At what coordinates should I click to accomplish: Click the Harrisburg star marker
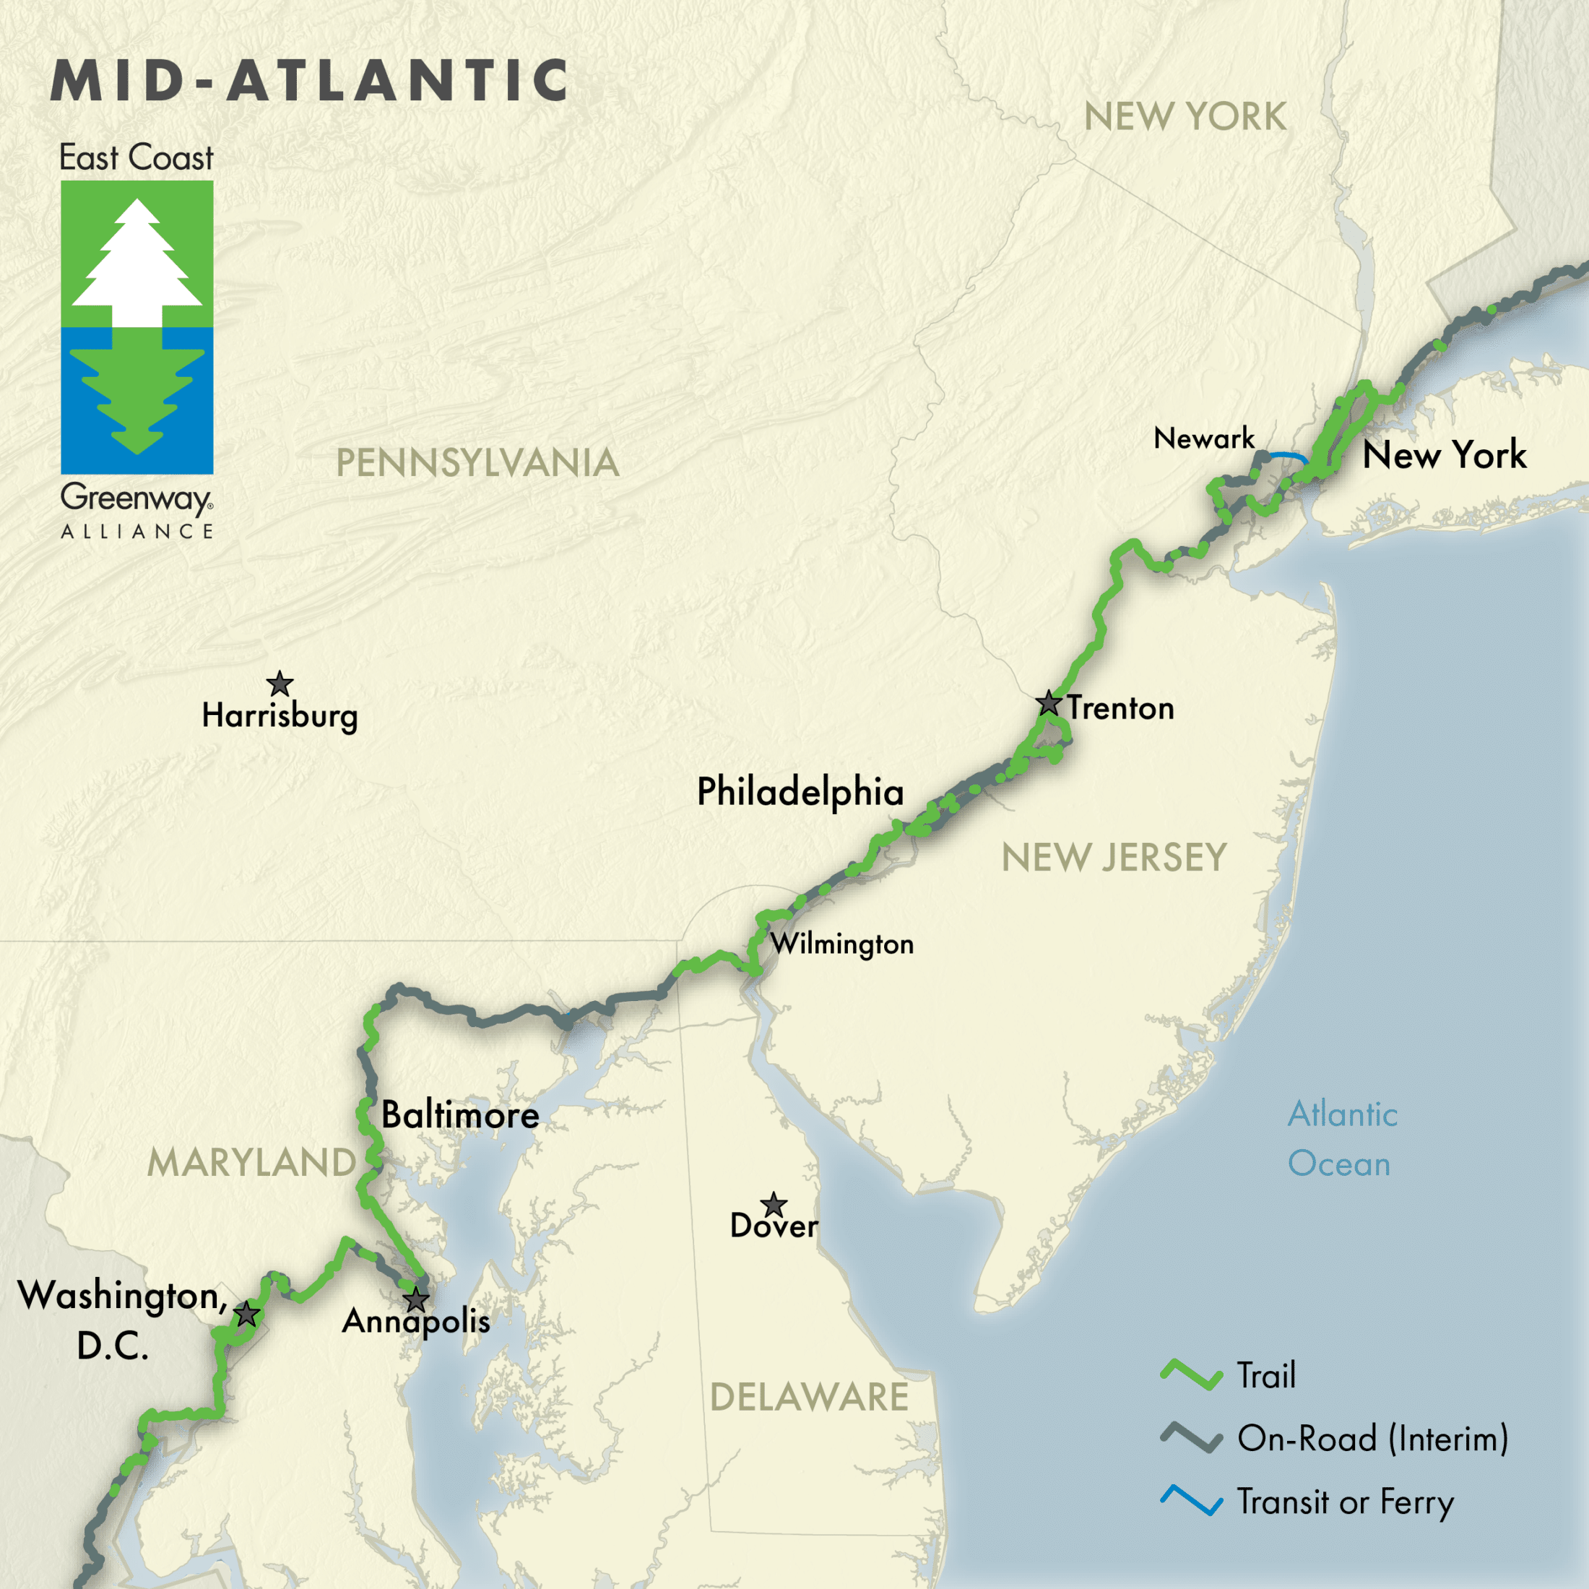coord(280,683)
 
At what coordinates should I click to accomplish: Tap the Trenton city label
coord(1120,708)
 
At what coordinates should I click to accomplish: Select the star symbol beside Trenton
coord(1048,703)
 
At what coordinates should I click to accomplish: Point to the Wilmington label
coord(841,943)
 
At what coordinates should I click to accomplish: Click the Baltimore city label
coord(460,1115)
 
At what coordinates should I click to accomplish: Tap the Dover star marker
coord(773,1205)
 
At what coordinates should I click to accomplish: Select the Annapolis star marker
coord(416,1300)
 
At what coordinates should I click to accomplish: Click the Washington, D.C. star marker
coord(247,1315)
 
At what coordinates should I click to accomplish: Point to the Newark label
coord(1203,438)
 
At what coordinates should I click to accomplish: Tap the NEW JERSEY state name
coord(1114,858)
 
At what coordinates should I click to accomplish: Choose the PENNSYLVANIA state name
coord(477,462)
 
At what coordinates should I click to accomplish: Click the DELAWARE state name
coord(809,1398)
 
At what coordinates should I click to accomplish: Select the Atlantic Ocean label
coord(1341,1139)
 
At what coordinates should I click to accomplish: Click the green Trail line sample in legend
coord(1191,1375)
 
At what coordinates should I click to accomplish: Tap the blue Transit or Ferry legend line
coord(1191,1501)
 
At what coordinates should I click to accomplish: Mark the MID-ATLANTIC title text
coord(309,81)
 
